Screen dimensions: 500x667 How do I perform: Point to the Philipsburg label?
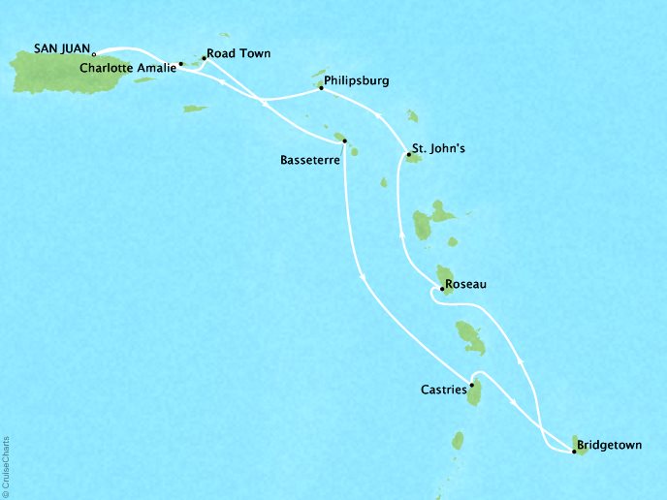[358, 82]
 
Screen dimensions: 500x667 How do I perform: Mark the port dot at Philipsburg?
[321, 89]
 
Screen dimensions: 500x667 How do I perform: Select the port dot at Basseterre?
[345, 141]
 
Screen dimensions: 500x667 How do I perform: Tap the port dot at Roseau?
[443, 288]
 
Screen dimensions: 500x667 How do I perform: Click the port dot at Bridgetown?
[575, 451]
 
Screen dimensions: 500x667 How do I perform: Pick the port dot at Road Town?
[204, 57]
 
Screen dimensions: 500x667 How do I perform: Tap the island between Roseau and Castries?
[470, 337]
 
